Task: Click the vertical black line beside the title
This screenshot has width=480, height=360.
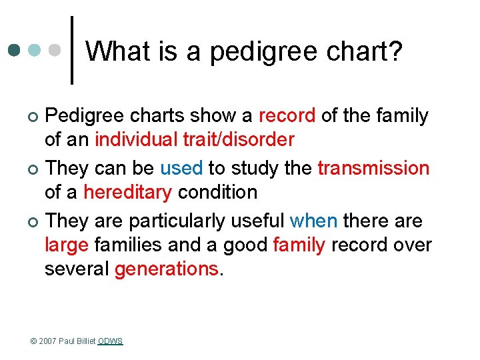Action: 72,51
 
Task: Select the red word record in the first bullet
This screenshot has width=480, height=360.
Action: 287,115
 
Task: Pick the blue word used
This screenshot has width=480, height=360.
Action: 181,167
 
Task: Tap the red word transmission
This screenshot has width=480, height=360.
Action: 373,167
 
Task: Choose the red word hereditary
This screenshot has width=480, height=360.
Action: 127,192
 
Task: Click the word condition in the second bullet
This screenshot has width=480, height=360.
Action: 217,192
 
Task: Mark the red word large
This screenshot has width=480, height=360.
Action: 67,245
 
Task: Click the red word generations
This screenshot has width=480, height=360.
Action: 167,269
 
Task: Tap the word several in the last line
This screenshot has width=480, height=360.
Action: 77,269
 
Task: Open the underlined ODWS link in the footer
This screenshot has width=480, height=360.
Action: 111,341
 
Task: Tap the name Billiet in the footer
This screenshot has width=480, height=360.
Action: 86,341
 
